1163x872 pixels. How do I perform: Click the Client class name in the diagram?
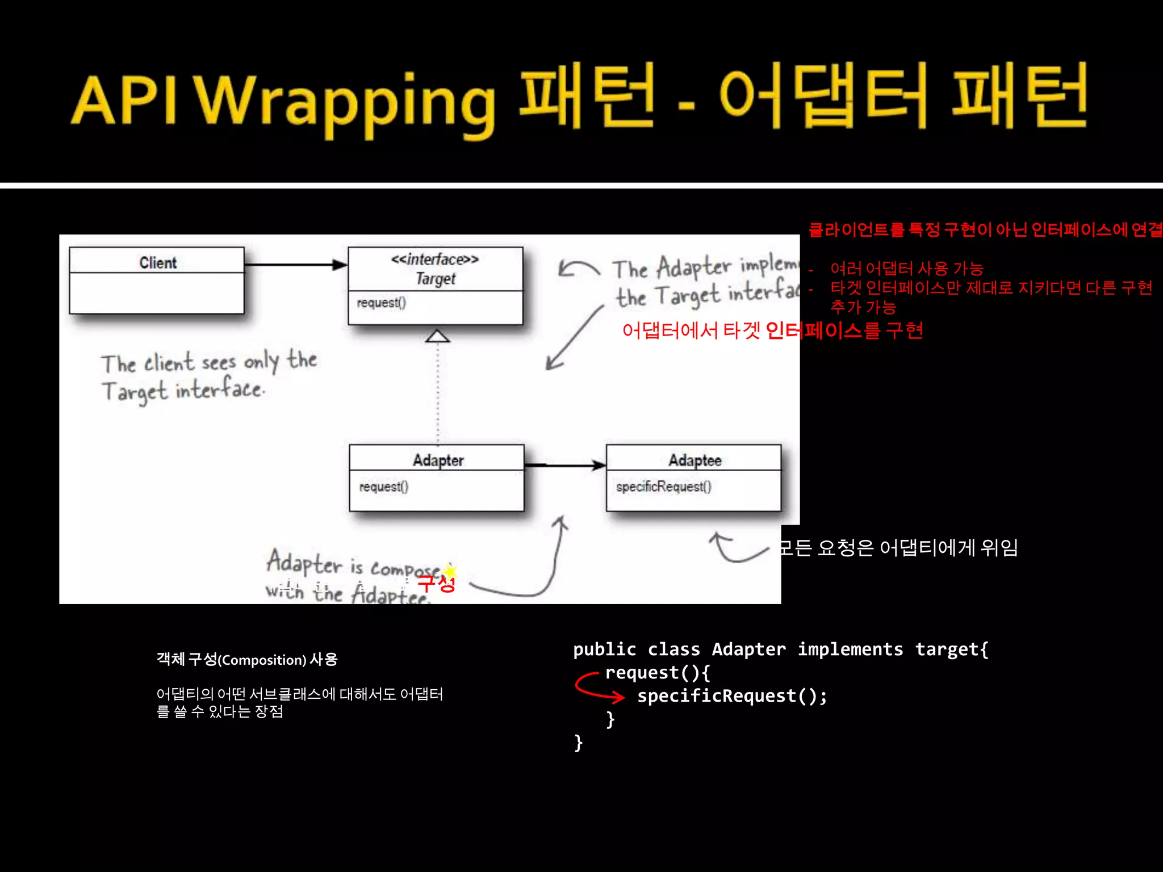point(158,263)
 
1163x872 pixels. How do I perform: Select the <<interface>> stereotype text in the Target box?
point(435,259)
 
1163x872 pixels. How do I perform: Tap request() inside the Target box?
point(381,303)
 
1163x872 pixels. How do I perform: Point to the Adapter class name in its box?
point(438,460)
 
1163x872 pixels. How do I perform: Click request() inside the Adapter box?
point(383,487)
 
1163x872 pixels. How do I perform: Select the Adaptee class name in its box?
point(695,460)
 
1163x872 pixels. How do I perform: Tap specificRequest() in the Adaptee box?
point(663,487)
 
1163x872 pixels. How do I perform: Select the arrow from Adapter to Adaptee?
point(565,466)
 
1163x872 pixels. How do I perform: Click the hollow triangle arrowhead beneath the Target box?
point(437,336)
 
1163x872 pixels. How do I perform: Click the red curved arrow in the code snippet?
point(596,686)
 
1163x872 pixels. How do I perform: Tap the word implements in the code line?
point(850,649)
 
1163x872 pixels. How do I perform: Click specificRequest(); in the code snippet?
point(732,696)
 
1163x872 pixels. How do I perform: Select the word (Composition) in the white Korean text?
point(262,660)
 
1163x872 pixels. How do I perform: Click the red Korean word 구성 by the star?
point(436,584)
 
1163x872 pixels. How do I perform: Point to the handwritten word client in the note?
point(169,363)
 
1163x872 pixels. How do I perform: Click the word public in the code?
point(604,649)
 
